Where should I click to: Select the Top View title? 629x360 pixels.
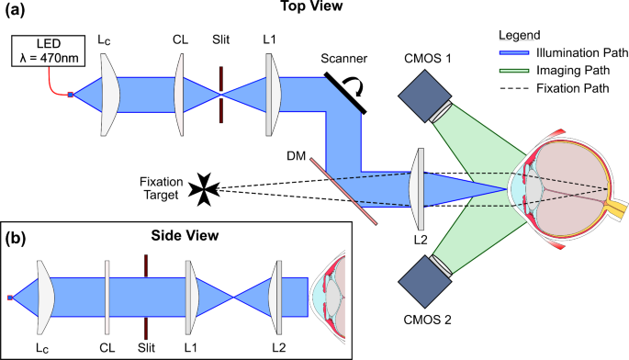click(x=318, y=8)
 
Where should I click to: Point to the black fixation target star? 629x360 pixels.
click(x=201, y=189)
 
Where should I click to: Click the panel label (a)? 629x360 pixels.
click(x=17, y=11)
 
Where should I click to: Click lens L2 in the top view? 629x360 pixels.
click(x=418, y=188)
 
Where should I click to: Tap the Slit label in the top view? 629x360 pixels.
click(x=220, y=40)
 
